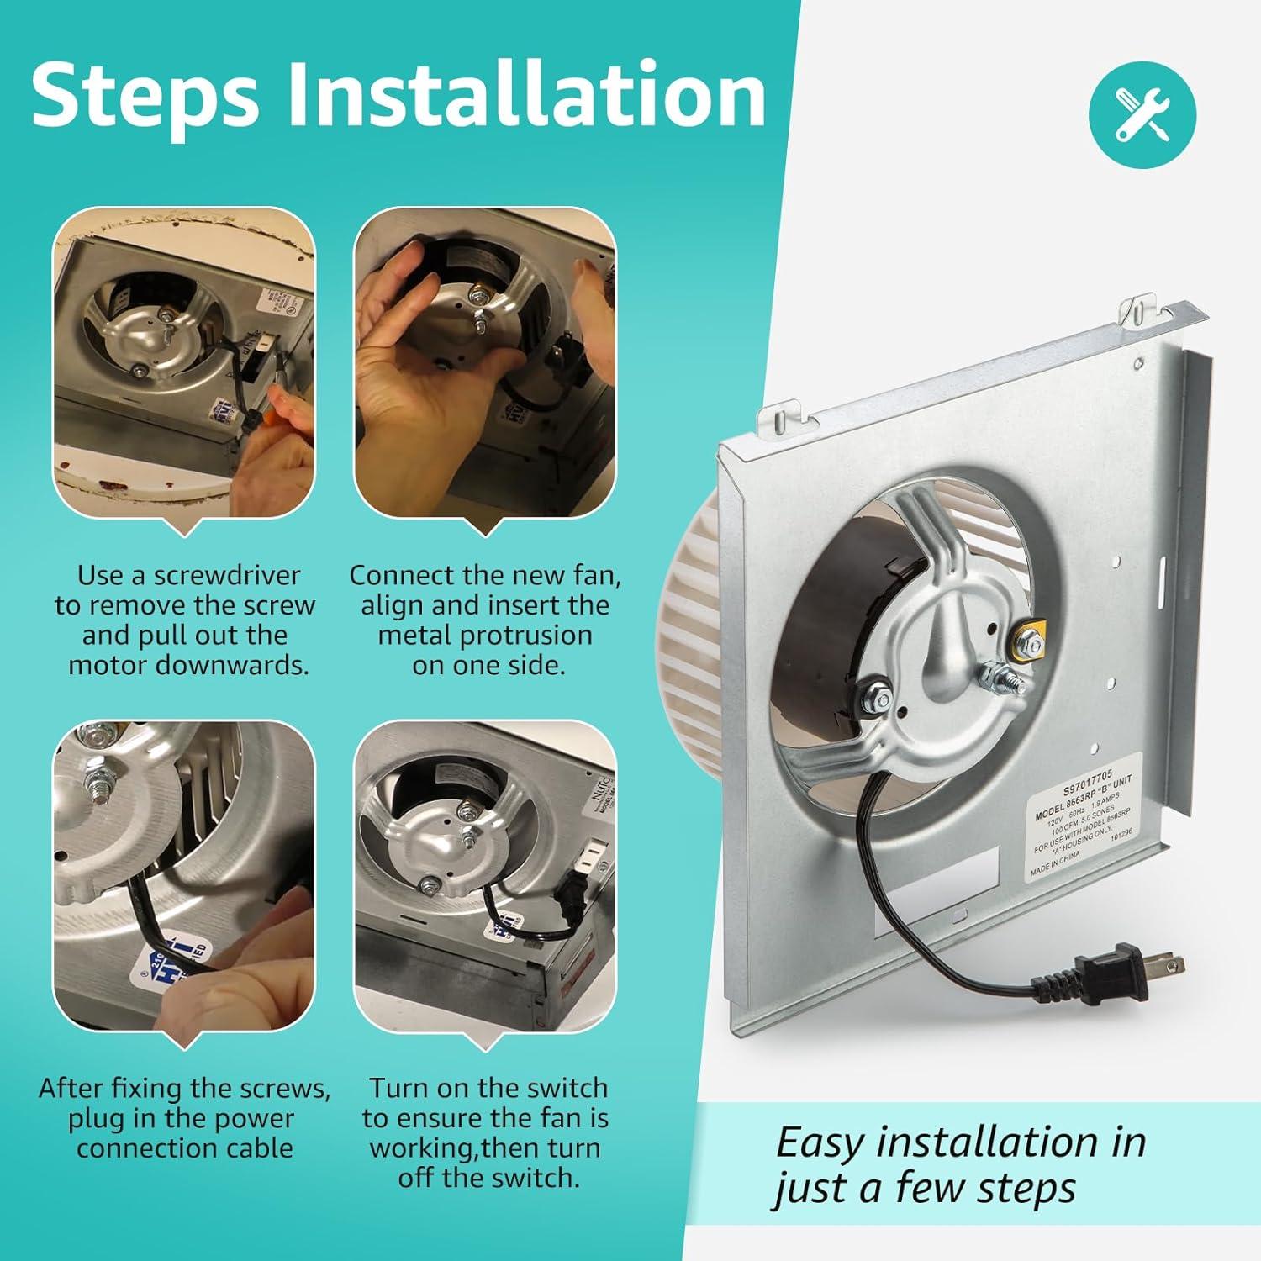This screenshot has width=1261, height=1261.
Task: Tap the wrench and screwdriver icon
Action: pos(1142,114)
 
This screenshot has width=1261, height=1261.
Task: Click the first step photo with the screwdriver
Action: pos(184,364)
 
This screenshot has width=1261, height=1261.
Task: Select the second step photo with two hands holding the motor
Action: pos(484,364)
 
